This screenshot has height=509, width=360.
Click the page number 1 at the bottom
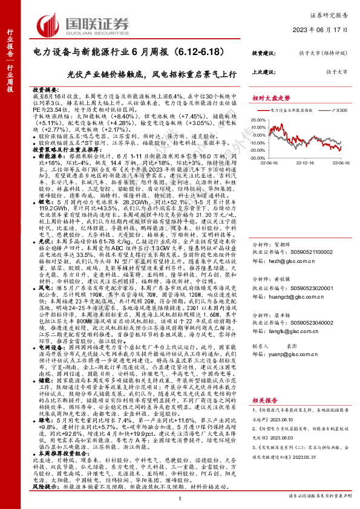(180, 496)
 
